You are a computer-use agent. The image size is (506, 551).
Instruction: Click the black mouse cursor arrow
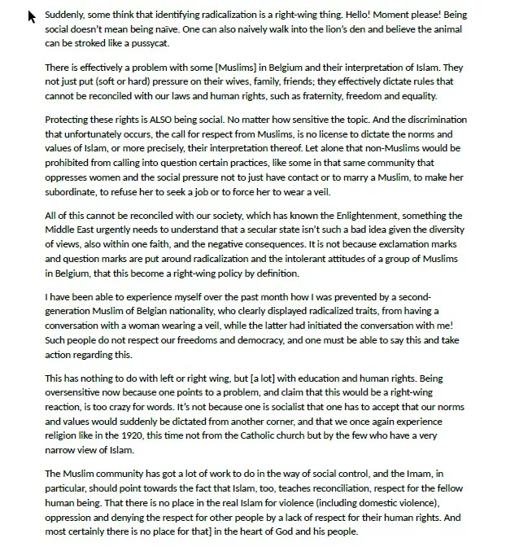coord(32,16)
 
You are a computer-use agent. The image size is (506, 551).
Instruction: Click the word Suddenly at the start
coord(64,15)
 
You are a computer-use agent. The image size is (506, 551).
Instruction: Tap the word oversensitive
coord(79,392)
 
